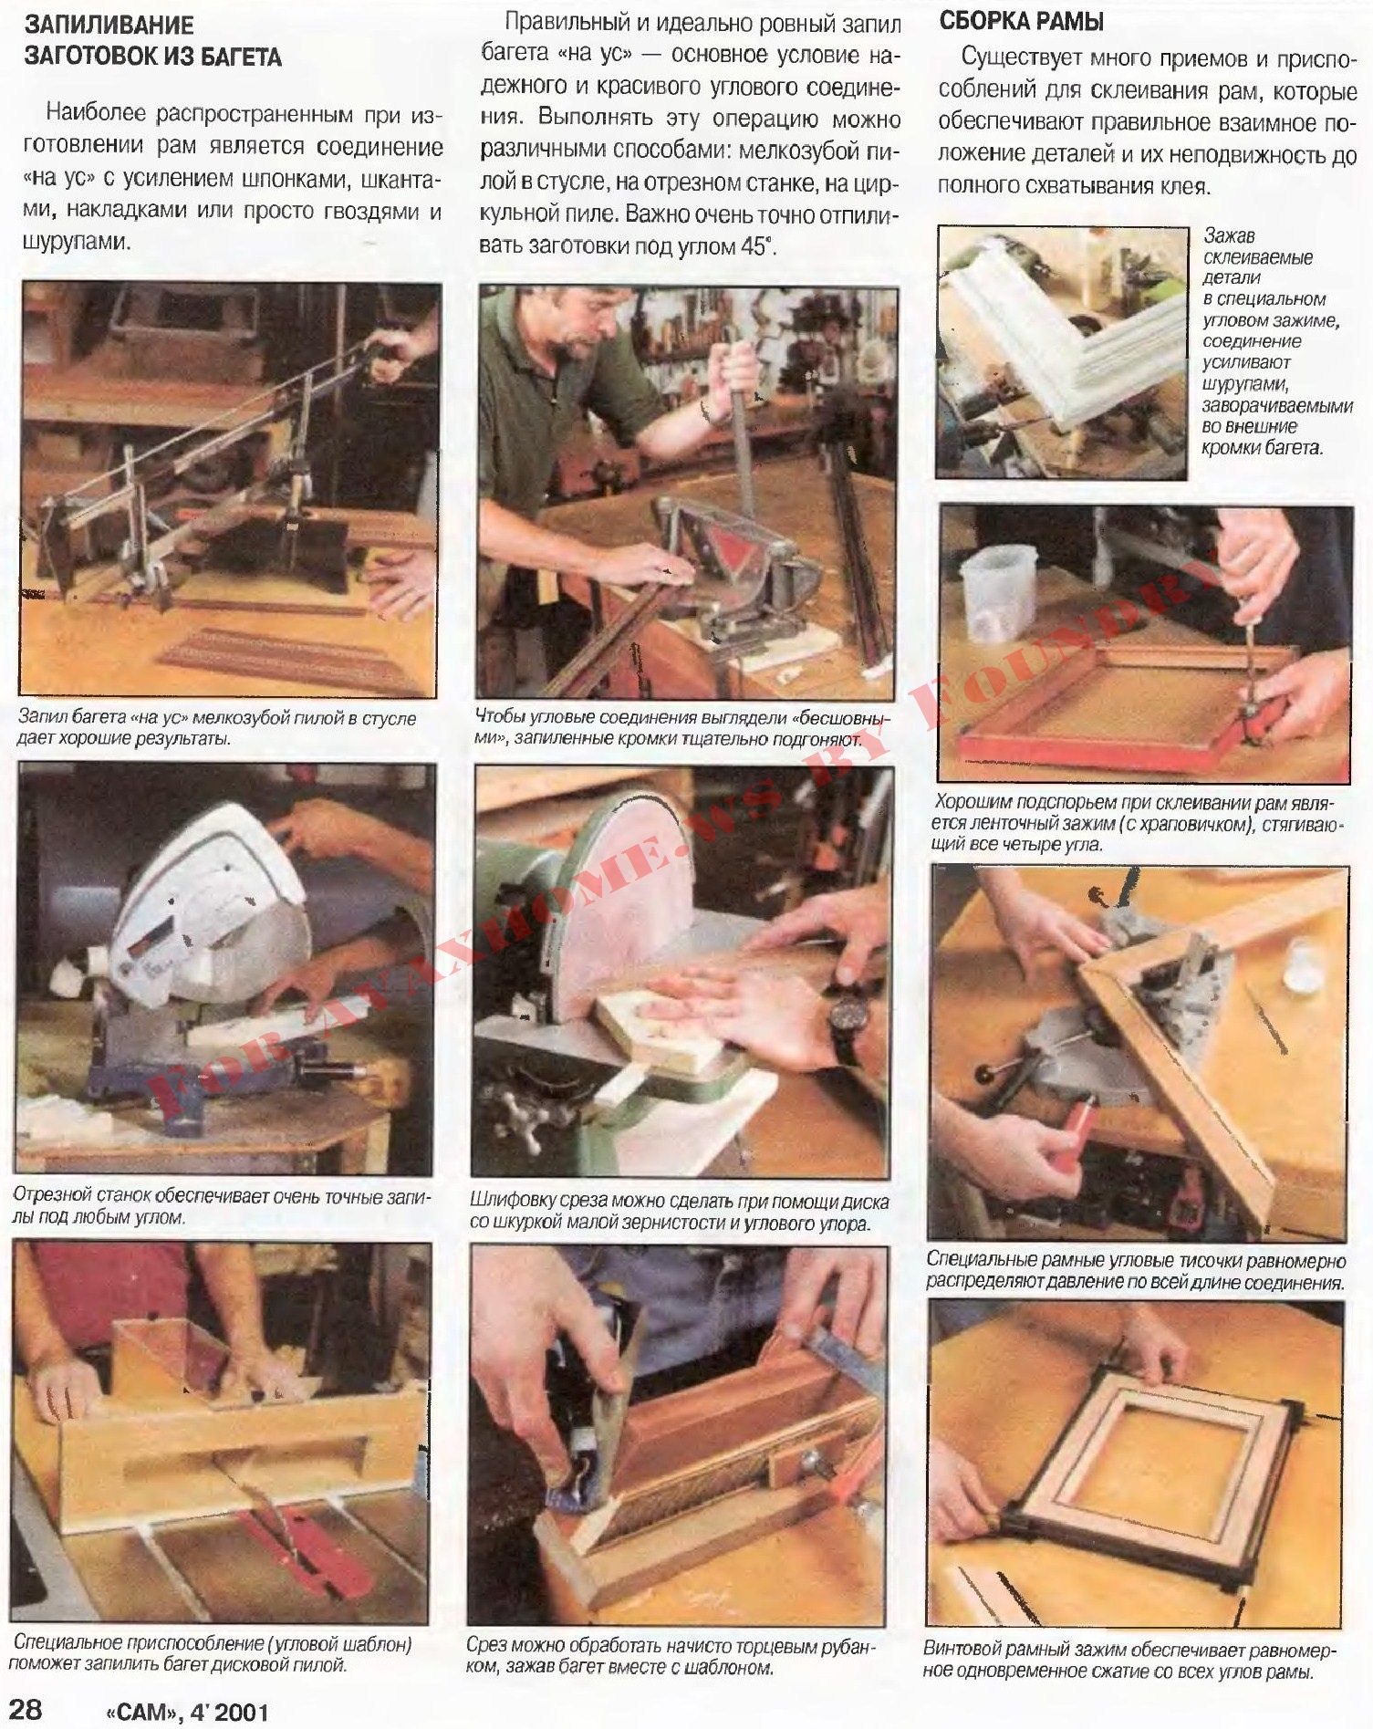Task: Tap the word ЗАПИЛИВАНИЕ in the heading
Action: click(109, 25)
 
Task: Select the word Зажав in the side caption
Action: click(1229, 236)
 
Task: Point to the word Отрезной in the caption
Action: click(50, 1196)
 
